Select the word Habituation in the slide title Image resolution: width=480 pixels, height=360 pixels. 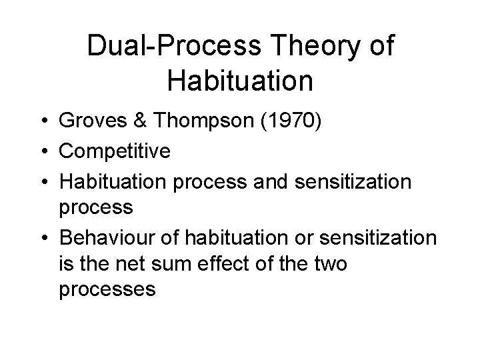240,81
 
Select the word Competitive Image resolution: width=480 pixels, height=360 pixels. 115,152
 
